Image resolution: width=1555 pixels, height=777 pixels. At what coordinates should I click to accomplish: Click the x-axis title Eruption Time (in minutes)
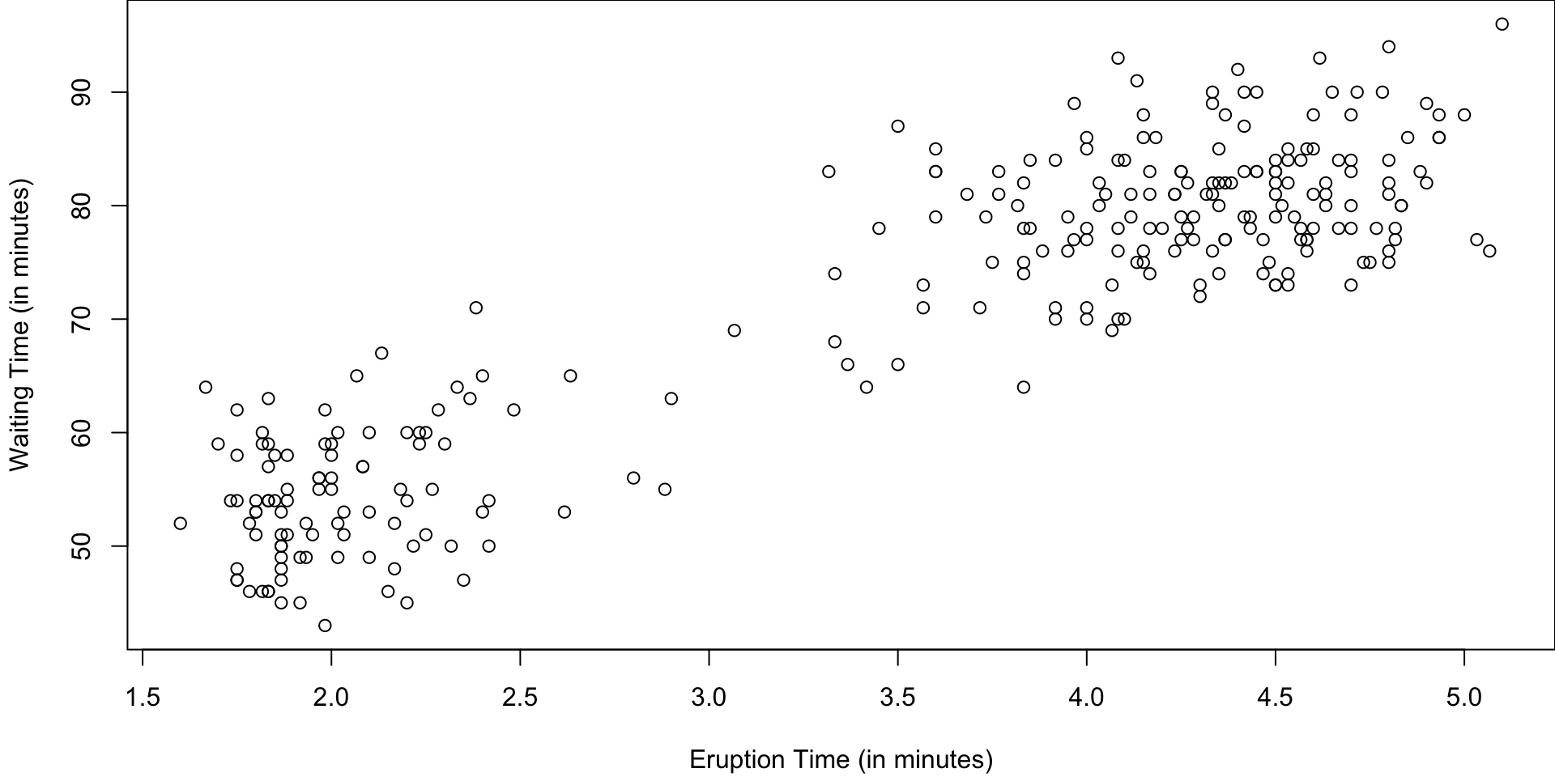[841, 760]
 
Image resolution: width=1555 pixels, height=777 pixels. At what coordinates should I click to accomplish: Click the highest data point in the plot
[1502, 24]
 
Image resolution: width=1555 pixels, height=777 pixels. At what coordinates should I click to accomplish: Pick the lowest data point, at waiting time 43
[325, 626]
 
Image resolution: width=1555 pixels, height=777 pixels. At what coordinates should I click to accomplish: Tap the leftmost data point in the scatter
[180, 524]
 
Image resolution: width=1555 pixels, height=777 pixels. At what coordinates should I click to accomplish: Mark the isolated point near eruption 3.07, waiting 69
[734, 330]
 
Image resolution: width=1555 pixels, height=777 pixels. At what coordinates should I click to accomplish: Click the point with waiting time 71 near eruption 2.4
[475, 308]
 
